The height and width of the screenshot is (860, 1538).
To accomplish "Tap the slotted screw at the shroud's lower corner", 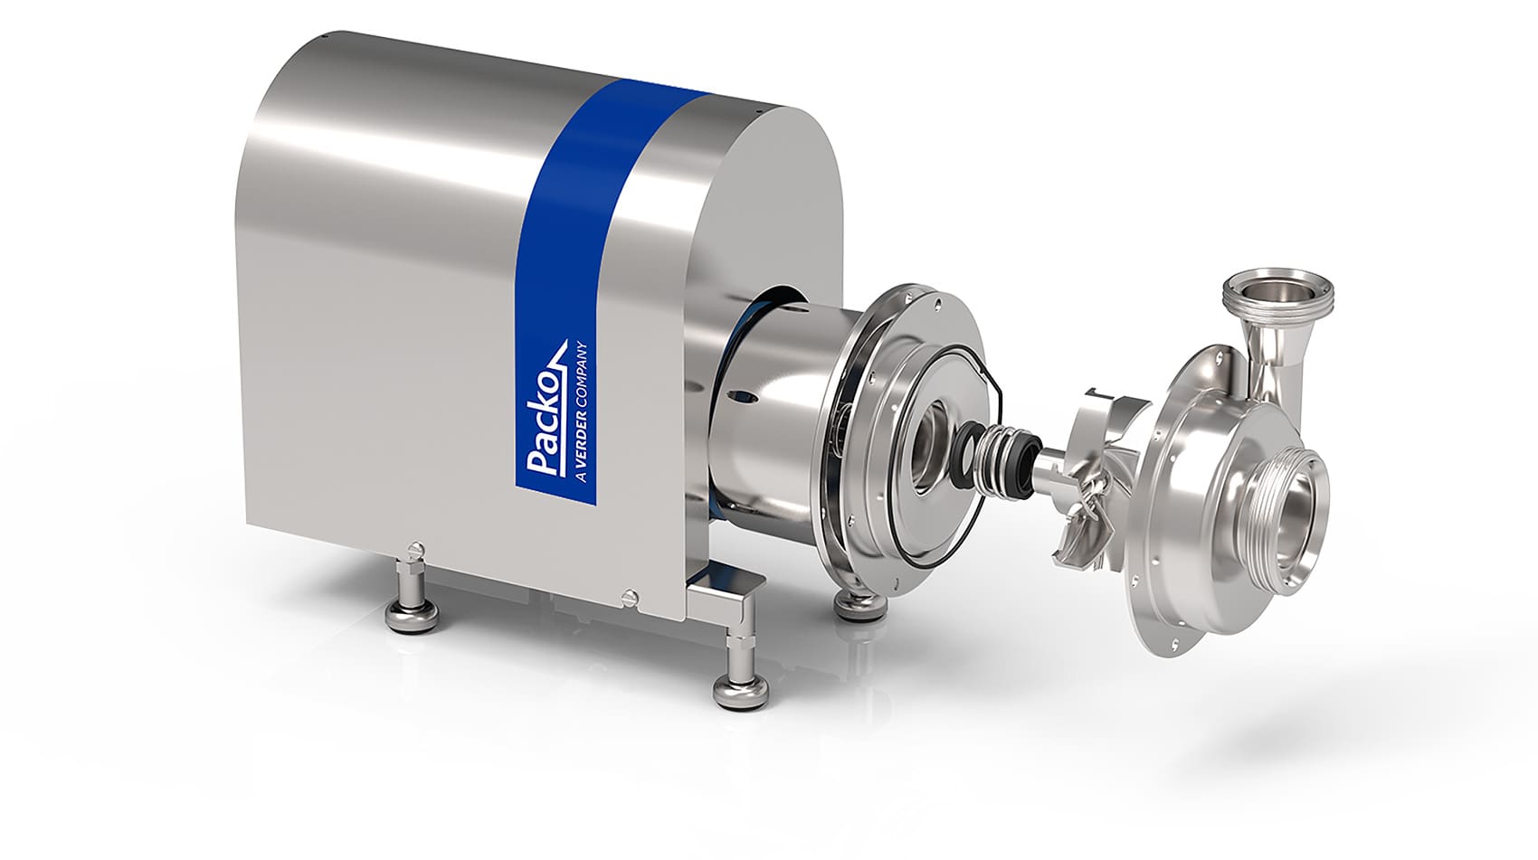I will pyautogui.click(x=631, y=597).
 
